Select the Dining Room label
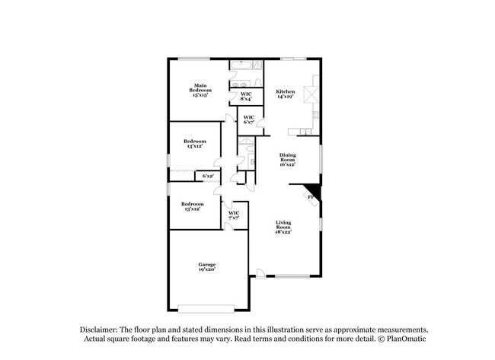286,158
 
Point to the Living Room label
283,225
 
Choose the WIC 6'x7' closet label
248,119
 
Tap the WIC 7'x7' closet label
234,215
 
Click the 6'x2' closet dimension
208,176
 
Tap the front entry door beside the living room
261,273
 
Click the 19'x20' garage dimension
207,269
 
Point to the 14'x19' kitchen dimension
285,97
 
